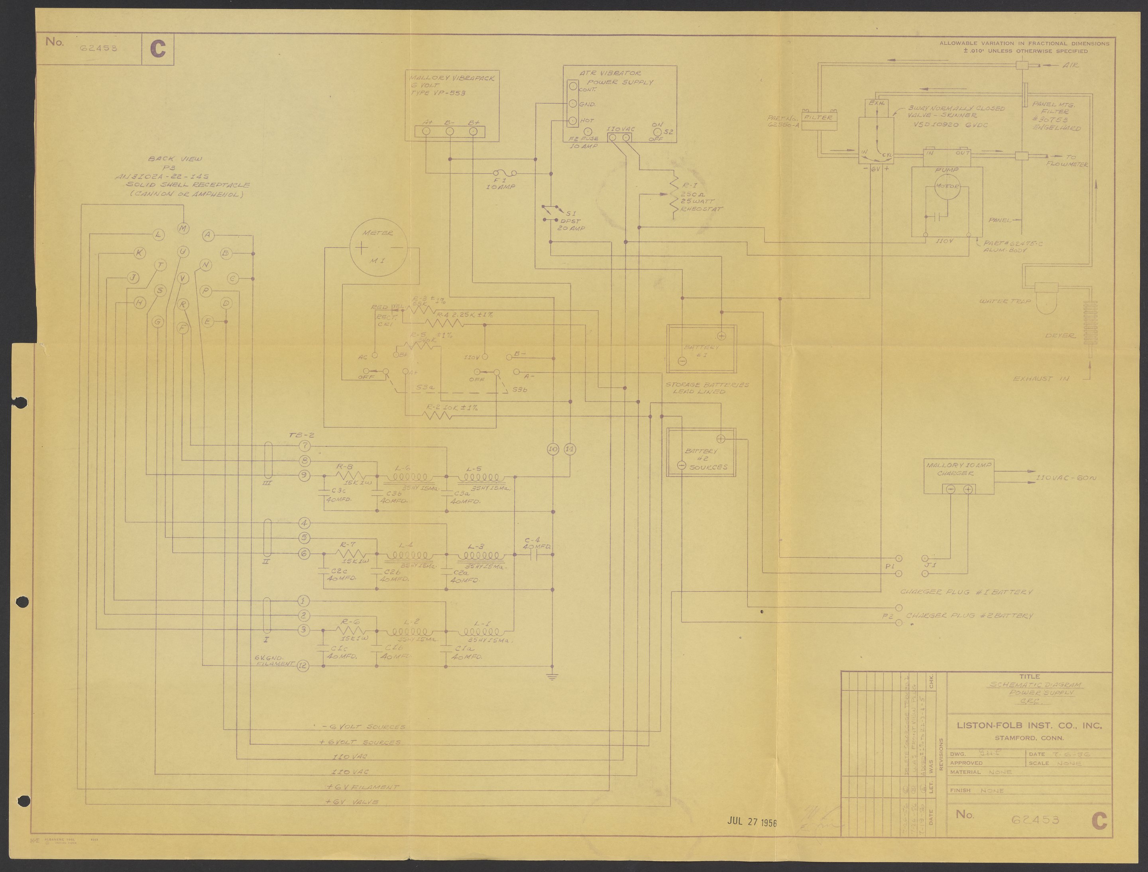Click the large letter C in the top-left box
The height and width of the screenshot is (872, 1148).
[158, 49]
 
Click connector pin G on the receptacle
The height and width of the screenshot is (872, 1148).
[158, 322]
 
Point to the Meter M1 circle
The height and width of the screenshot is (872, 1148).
[377, 248]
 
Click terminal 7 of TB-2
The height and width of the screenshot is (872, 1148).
[305, 446]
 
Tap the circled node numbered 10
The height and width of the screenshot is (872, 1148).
[553, 449]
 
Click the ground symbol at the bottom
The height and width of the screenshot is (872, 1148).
[552, 676]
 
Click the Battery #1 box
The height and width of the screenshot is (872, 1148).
[701, 348]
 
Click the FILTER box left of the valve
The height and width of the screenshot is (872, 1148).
[818, 118]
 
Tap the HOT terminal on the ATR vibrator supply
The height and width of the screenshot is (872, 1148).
[572, 121]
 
